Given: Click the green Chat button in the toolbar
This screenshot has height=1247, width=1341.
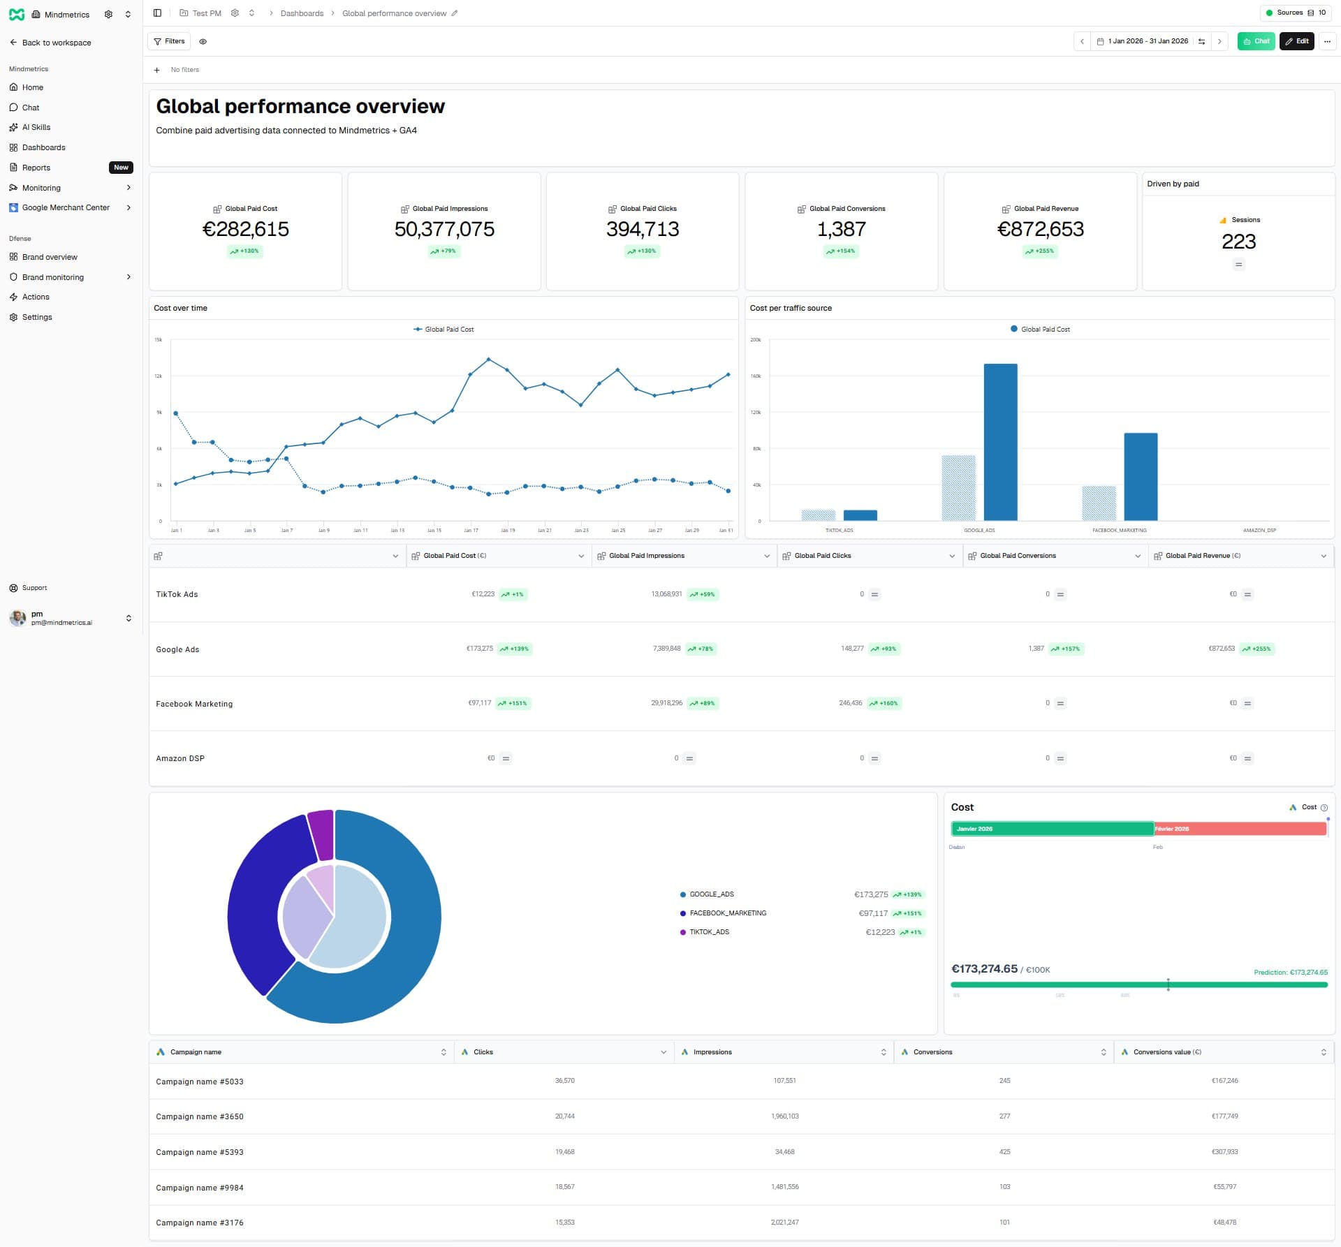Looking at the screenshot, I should tap(1255, 41).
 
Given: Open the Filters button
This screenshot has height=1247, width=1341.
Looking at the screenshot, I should tap(169, 41).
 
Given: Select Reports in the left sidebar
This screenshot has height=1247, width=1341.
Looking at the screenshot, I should tap(36, 168).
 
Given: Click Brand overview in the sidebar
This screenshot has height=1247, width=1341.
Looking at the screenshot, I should tap(50, 257).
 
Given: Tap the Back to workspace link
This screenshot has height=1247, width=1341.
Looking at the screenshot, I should tap(56, 43).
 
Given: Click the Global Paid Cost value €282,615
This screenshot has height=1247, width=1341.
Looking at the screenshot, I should tap(245, 229).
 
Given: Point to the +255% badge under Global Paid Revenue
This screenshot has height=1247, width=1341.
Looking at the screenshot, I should tap(1040, 251).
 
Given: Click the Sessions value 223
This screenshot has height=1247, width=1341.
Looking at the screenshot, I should tap(1238, 242).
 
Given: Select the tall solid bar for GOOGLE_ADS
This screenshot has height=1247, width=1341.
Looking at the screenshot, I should tap(1000, 441).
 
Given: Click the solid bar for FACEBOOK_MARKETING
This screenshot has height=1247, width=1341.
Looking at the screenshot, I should tap(1140, 476).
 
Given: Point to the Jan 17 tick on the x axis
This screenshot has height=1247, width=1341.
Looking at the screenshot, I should tap(471, 530).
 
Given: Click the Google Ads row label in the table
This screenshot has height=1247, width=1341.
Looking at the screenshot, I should tap(177, 649).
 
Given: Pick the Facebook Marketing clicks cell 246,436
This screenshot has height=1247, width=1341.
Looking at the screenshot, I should tap(850, 703).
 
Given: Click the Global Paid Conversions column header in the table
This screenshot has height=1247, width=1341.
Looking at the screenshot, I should tap(1018, 556).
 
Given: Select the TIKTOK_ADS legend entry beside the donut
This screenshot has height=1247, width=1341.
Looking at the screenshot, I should tap(709, 932).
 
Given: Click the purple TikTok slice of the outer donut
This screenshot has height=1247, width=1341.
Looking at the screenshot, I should tap(321, 834).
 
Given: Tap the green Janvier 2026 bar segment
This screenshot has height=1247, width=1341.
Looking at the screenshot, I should tap(1051, 829).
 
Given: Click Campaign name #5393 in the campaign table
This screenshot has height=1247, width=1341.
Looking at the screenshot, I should tap(200, 1152).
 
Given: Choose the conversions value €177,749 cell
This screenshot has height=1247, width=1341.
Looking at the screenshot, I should tap(1224, 1116).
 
